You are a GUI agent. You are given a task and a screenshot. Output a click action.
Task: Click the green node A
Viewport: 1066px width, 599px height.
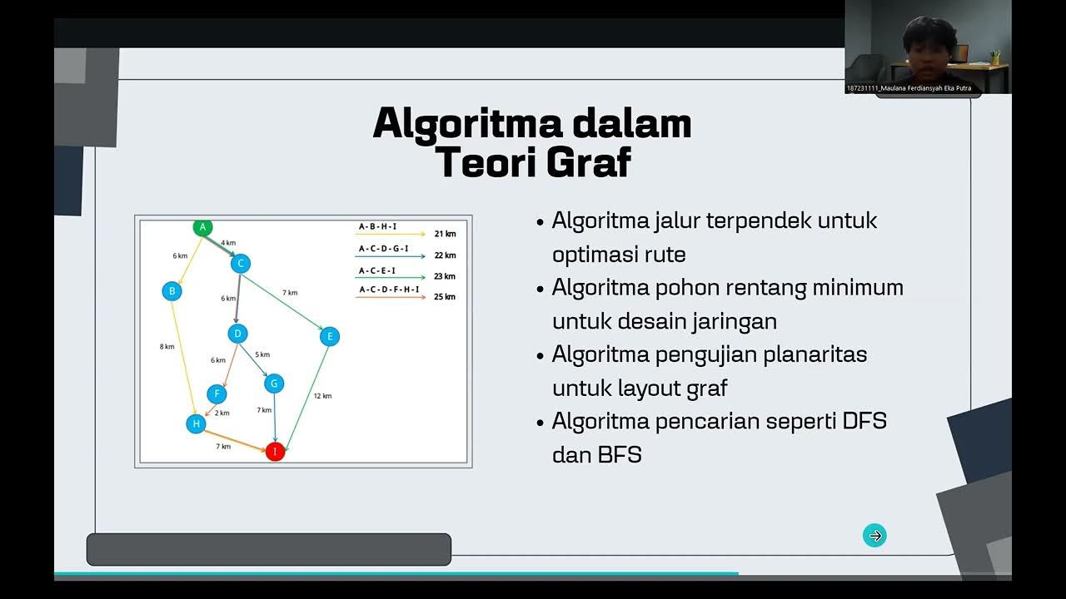click(x=202, y=226)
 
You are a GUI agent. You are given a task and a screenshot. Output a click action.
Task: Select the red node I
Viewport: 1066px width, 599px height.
click(x=275, y=452)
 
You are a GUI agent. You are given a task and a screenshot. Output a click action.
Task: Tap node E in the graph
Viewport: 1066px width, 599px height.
click(x=330, y=336)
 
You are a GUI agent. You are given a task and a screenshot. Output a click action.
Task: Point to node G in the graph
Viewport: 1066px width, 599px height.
click(x=274, y=384)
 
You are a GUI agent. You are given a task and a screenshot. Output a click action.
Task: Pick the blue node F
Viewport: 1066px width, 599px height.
click(x=217, y=394)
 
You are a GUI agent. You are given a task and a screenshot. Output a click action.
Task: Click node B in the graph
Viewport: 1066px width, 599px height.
click(x=172, y=291)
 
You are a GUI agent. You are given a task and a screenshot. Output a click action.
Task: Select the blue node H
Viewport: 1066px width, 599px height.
click(x=196, y=423)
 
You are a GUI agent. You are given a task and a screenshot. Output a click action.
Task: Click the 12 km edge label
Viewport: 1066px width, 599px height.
click(x=322, y=396)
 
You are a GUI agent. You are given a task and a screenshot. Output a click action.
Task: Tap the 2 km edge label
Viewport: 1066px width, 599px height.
click(x=222, y=413)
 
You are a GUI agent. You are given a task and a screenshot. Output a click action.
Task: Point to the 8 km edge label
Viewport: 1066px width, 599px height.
click(x=167, y=346)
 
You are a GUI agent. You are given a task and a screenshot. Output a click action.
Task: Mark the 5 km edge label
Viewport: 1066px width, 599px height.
click(x=262, y=354)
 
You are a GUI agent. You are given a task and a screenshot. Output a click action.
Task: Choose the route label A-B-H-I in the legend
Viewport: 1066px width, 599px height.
click(x=377, y=226)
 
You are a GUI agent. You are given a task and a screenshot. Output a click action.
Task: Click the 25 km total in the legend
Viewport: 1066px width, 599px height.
click(x=445, y=297)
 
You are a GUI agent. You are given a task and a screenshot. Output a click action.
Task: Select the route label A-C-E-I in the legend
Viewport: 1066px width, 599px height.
click(x=377, y=270)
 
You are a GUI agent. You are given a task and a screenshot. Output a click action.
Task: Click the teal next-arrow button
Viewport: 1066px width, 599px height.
click(x=874, y=536)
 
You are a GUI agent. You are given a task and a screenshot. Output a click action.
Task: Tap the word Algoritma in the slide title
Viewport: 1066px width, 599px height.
click(x=456, y=124)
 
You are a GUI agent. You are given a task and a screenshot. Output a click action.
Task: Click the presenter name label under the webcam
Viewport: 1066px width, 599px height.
click(x=909, y=88)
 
